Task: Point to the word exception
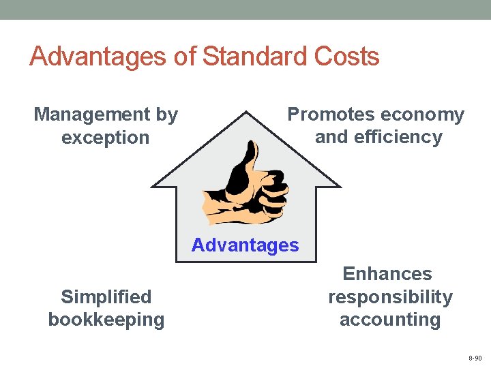(x=105, y=137)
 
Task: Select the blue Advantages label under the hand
(x=245, y=245)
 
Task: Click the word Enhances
(x=387, y=274)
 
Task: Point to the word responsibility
(x=390, y=297)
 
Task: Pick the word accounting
(x=390, y=320)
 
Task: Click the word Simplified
(x=106, y=297)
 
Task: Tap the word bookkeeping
(x=106, y=320)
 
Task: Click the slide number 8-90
(x=475, y=358)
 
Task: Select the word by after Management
(x=166, y=114)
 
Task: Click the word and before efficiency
(x=331, y=137)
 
